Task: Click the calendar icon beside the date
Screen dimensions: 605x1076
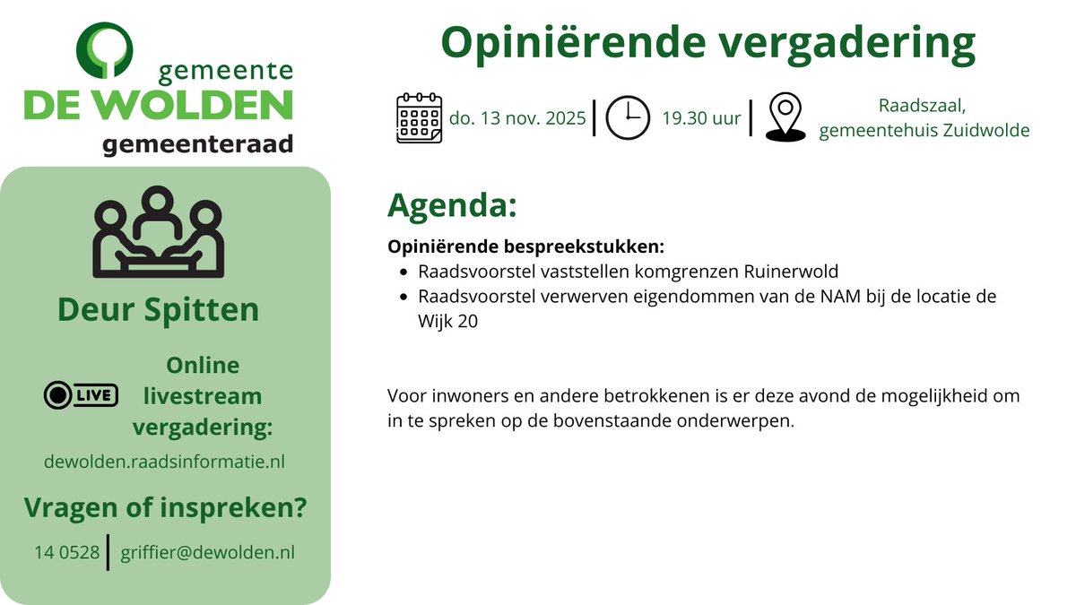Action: (x=419, y=118)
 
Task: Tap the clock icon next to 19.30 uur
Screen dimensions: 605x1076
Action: (x=628, y=118)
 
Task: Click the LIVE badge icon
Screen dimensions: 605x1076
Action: (x=81, y=394)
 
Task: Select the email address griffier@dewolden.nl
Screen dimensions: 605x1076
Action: (x=207, y=553)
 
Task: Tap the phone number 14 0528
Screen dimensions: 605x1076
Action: (x=67, y=553)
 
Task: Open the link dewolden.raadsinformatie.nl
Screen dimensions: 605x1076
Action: (x=164, y=462)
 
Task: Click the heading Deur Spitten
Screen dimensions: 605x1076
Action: (x=158, y=309)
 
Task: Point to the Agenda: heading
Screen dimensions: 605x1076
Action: (x=452, y=205)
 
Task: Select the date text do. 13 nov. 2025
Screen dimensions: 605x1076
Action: (x=517, y=118)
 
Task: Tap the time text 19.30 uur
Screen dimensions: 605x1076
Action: (x=701, y=118)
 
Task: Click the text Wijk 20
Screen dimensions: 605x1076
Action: (x=442, y=322)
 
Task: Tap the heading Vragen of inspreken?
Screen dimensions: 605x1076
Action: (x=165, y=509)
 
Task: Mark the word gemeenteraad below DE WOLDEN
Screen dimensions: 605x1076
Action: (x=197, y=144)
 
